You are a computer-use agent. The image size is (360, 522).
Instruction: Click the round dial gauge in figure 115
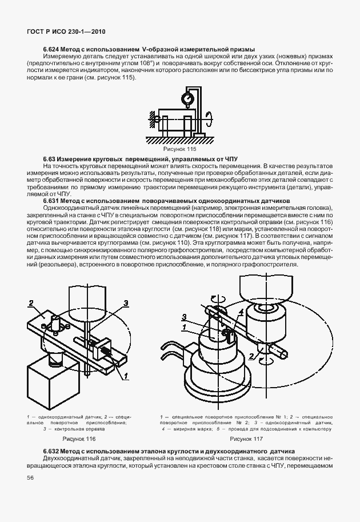pos(187,98)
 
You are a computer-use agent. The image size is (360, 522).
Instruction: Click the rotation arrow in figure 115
pos(210,122)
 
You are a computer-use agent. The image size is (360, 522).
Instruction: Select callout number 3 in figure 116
pos(125,302)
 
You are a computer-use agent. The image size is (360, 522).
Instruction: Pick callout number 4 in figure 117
pos(241,312)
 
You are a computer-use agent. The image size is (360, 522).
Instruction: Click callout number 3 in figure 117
pos(184,316)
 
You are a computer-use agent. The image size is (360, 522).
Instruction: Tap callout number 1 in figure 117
pos(184,327)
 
